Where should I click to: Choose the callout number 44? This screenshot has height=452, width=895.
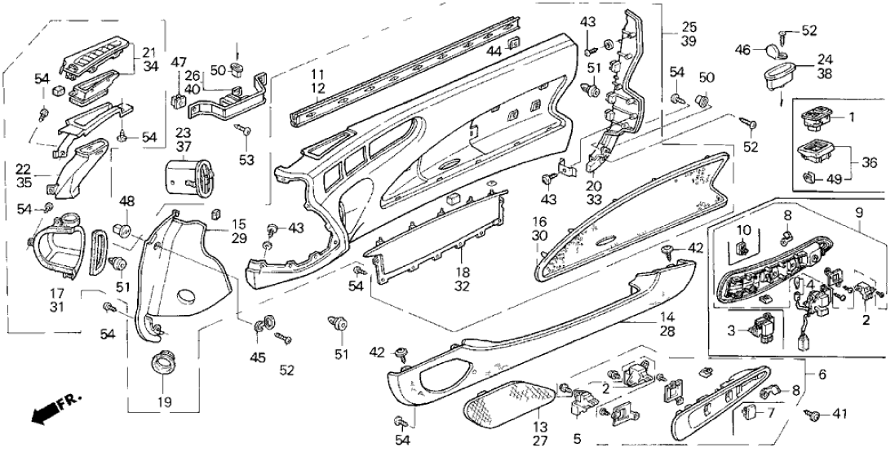493,50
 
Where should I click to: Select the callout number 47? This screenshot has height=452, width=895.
179,62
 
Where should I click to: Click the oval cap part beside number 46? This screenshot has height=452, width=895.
772,52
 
